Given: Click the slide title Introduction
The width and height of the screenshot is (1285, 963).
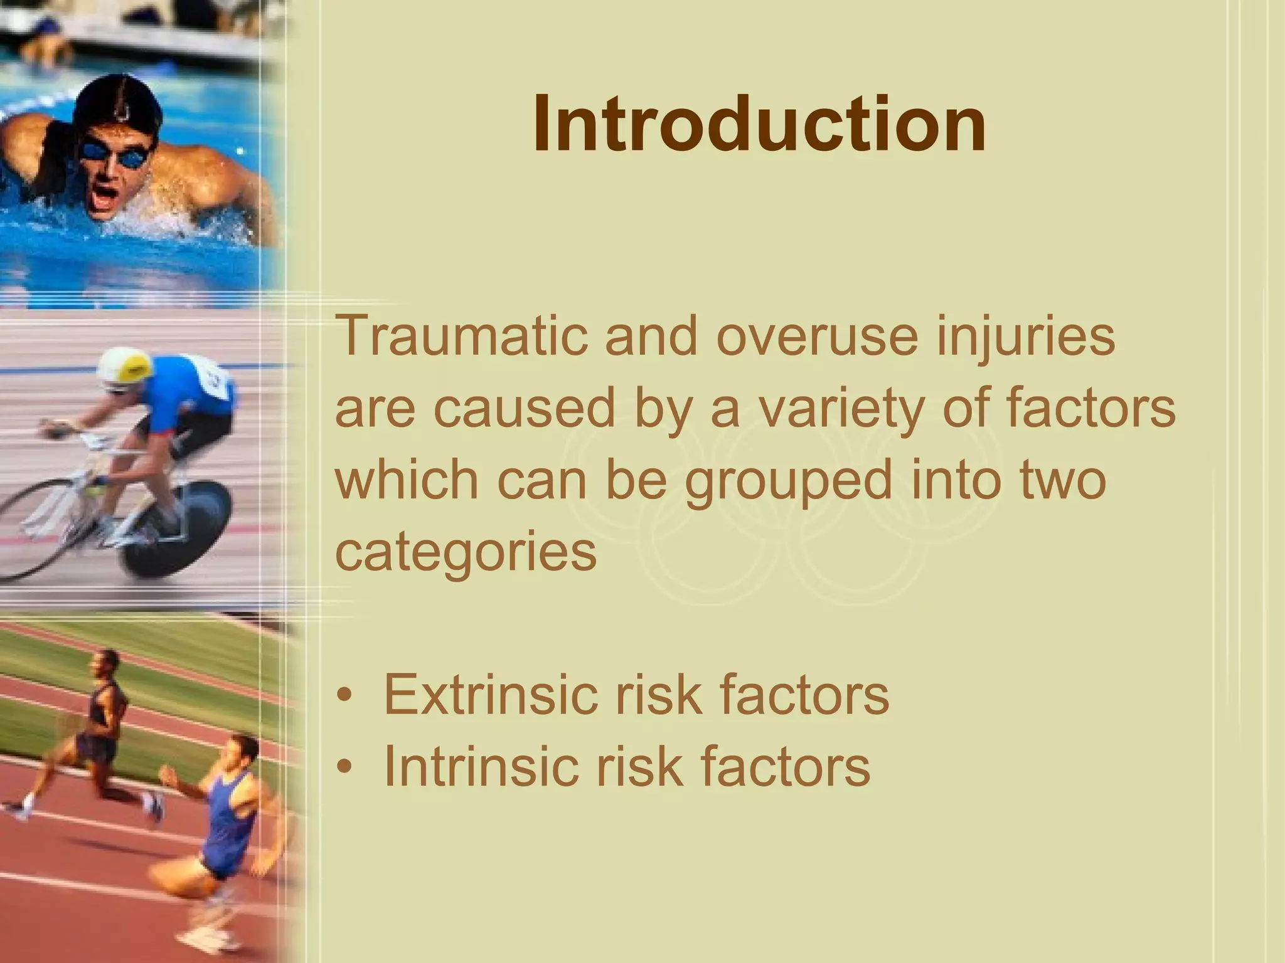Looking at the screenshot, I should click(759, 124).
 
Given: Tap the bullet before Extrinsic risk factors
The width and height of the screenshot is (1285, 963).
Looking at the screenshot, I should click(344, 697).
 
